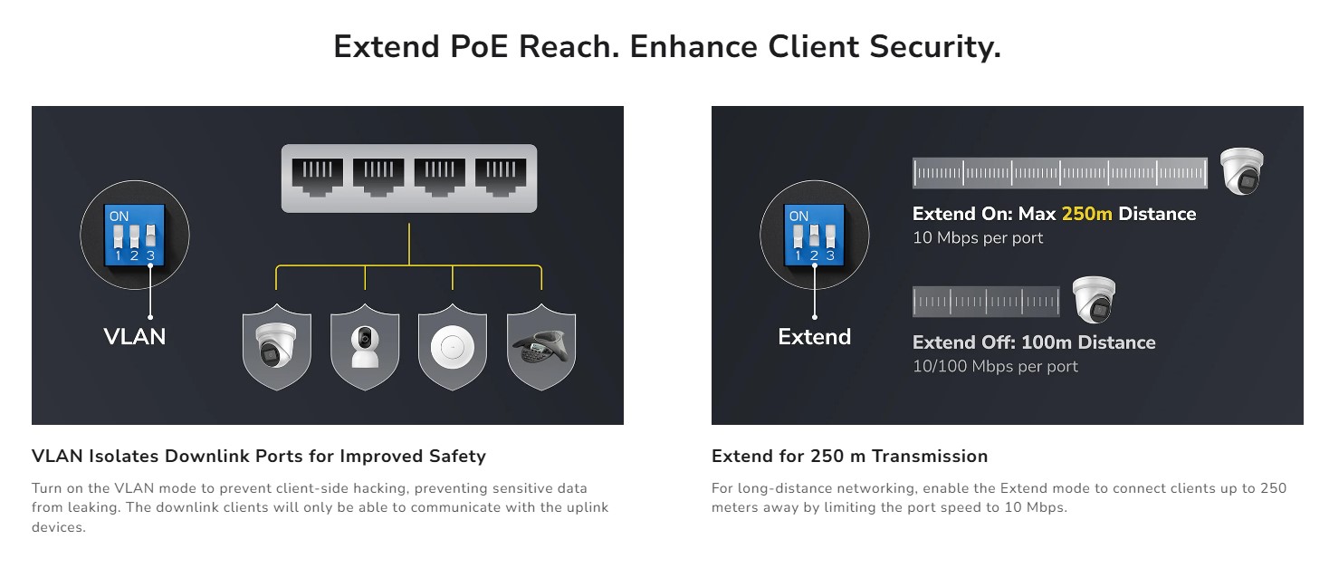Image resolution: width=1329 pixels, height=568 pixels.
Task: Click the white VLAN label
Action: click(135, 337)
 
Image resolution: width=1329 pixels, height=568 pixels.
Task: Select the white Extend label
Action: click(814, 337)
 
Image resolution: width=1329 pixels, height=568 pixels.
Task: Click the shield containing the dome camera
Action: click(276, 350)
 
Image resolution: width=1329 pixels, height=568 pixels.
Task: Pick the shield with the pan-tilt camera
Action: click(364, 350)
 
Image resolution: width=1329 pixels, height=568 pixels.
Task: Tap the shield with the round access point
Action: click(452, 350)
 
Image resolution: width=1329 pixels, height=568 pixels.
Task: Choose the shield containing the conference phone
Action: click(540, 350)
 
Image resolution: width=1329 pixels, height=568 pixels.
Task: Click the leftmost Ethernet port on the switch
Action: click(317, 177)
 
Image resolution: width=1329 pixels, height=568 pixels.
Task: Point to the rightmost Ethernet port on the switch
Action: click(501, 177)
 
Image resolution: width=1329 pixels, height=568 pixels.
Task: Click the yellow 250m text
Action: click(1086, 215)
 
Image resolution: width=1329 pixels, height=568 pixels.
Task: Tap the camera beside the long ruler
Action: click(1241, 171)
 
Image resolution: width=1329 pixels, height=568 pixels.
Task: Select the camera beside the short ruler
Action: click(1094, 301)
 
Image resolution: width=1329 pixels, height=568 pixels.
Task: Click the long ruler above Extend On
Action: click(1059, 173)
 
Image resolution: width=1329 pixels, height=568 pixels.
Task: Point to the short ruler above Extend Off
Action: click(985, 302)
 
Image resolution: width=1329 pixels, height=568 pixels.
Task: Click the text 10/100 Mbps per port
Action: click(995, 367)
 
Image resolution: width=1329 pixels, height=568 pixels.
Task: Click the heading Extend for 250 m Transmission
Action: click(849, 457)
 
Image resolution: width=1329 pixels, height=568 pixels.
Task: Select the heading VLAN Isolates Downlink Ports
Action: click(258, 457)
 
